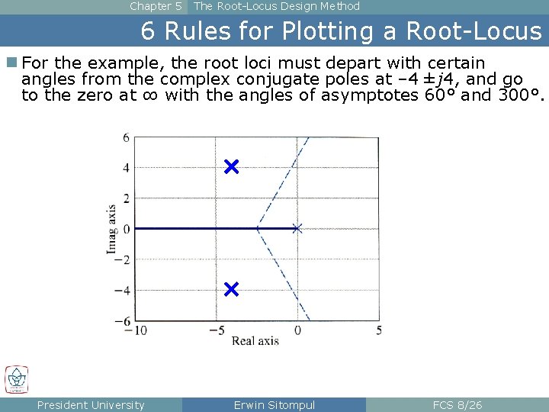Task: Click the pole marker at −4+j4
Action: pos(232,167)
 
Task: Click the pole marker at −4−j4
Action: pos(232,289)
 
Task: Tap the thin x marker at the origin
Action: pos(297,228)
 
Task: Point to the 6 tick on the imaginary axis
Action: pos(127,137)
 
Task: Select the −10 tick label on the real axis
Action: pos(136,330)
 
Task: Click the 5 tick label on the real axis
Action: pos(379,330)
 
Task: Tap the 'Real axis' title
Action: pos(255,341)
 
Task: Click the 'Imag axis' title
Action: pos(112,229)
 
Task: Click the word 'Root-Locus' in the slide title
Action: pos(473,31)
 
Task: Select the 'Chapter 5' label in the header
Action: pos(156,6)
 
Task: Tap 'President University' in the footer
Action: pos(91,405)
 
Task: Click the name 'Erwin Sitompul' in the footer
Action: pos(274,405)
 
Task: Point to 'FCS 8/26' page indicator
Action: pos(457,405)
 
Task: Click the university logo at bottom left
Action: pos(17,379)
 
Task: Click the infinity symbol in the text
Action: pos(151,95)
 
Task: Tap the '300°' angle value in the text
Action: pos(518,95)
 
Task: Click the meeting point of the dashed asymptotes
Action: pos(257,228)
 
